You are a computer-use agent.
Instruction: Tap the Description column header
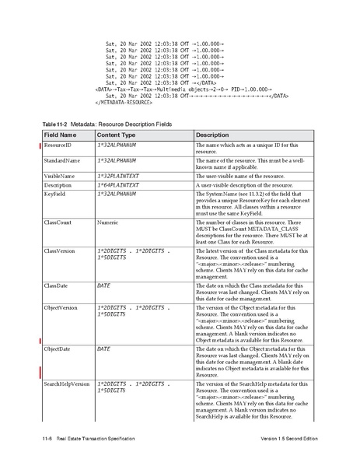[212, 135]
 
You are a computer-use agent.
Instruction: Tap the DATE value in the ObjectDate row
[103, 349]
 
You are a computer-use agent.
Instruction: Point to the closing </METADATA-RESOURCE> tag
[128, 103]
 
